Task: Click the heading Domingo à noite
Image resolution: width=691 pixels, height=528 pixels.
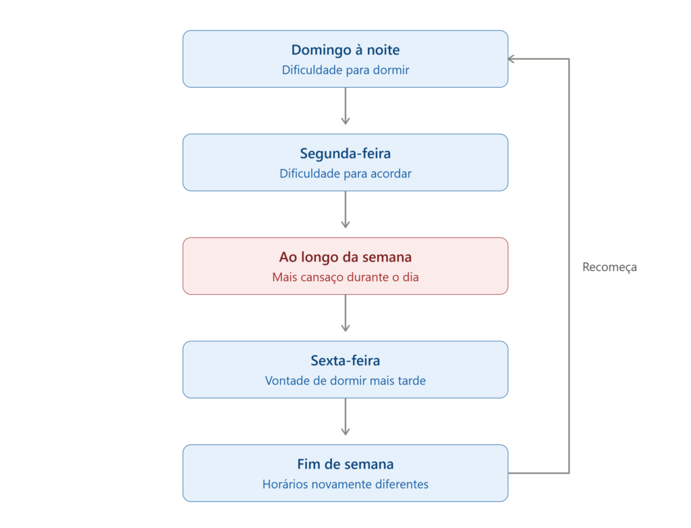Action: point(345,50)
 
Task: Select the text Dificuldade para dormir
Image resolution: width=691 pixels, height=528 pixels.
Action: point(345,70)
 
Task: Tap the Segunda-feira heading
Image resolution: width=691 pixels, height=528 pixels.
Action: point(345,154)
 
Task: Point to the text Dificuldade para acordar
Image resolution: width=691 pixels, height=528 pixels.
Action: point(345,173)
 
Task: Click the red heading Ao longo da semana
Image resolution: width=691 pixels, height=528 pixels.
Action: point(345,257)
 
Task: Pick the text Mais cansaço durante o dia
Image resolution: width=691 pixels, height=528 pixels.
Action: point(345,277)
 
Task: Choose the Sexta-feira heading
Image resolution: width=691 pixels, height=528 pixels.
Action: point(345,361)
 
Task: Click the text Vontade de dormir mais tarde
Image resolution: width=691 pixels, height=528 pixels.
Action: point(345,380)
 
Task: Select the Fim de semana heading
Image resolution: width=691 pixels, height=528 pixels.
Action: point(345,464)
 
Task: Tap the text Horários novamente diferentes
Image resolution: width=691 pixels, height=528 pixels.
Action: point(345,484)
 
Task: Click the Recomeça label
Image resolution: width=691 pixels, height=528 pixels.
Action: point(609,267)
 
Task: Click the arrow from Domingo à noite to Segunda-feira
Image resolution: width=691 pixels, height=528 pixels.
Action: point(345,106)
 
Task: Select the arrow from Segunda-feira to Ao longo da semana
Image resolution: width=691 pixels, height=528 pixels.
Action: point(345,210)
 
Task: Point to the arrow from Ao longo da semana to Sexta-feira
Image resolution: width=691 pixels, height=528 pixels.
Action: point(345,313)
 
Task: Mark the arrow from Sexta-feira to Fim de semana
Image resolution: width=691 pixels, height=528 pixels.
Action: point(345,417)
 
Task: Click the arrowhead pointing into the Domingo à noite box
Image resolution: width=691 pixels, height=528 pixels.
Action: point(512,59)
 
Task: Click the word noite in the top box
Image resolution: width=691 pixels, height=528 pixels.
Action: point(383,50)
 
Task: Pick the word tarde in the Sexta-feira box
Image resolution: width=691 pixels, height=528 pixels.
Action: point(412,380)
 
